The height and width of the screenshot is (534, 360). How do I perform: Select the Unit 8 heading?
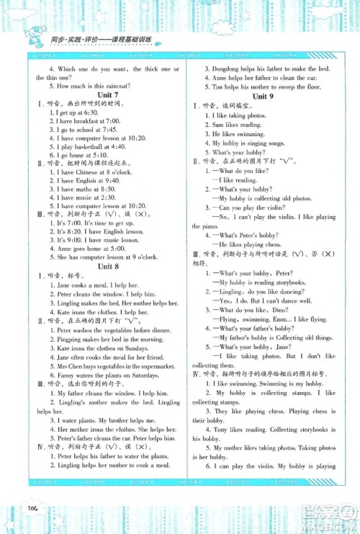pyautogui.click(x=97, y=267)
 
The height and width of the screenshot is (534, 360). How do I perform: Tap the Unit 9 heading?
pyautogui.click(x=263, y=96)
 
